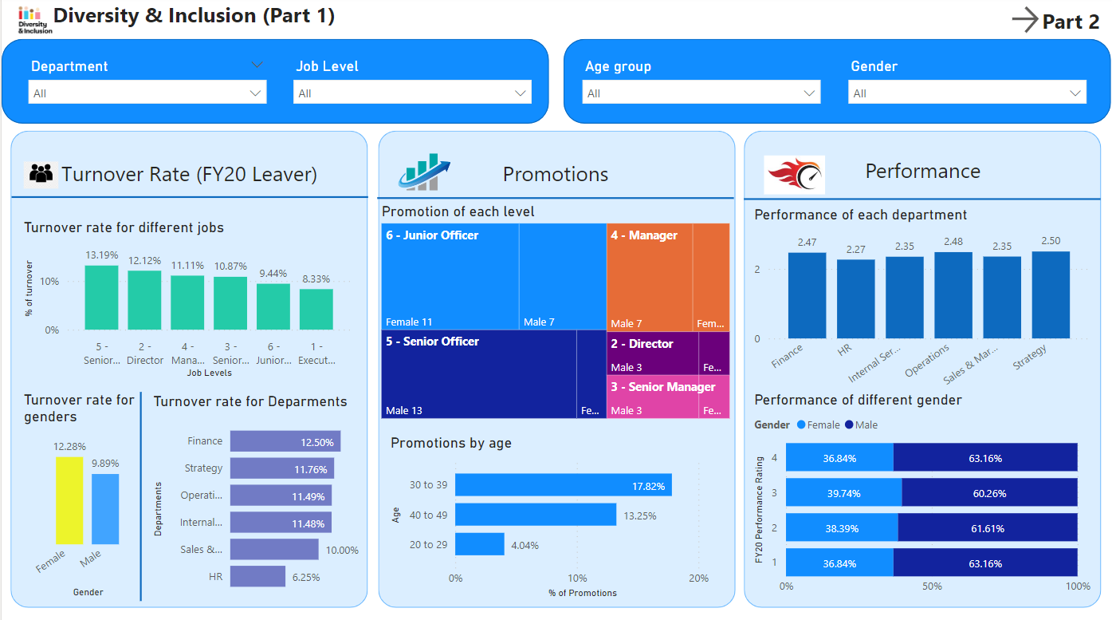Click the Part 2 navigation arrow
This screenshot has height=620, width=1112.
tap(1025, 20)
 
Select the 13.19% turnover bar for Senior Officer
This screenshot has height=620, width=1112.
tap(101, 298)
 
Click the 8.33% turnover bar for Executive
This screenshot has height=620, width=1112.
tap(316, 310)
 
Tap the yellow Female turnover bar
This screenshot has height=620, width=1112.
tap(69, 500)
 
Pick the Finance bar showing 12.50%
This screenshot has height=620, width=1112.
tap(285, 441)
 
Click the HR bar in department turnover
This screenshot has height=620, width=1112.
tap(257, 576)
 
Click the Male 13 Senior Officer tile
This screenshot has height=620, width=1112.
tap(478, 374)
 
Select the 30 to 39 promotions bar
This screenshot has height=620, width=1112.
tap(563, 485)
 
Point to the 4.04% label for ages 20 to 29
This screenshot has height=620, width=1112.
tap(524, 545)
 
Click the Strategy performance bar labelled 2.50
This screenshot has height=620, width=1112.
tap(1051, 295)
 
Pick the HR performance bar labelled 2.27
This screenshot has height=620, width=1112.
tap(855, 299)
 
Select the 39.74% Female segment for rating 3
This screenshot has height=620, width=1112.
tap(843, 493)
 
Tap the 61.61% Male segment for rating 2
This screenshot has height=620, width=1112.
tap(988, 528)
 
